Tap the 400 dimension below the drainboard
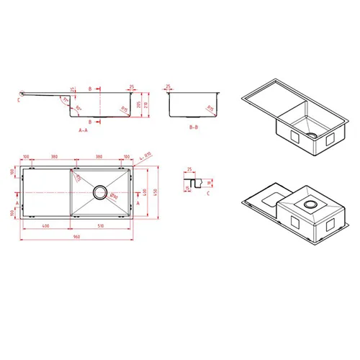pos(45,226)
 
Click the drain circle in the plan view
pos(100,193)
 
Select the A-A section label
pos(84,131)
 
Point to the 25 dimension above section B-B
pos(168,86)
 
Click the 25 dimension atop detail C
pos(189,169)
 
